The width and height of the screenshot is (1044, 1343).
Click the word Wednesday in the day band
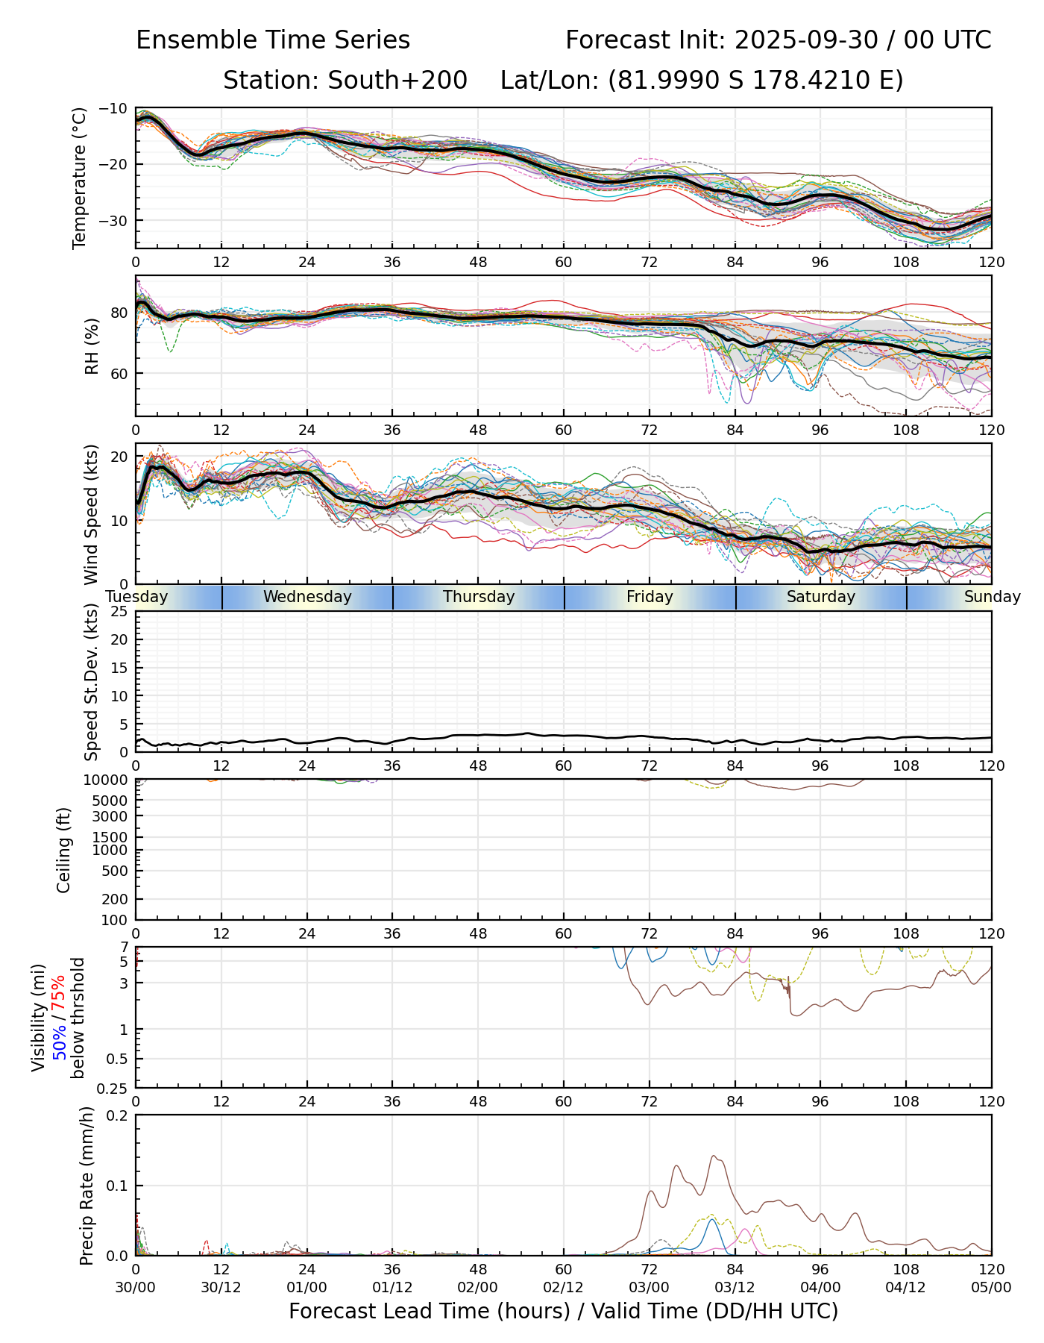pos(307,597)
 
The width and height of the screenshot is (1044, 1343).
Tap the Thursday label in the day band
pos(479,597)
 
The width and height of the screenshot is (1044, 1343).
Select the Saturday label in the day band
pos(821,597)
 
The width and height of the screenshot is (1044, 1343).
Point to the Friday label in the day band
pos(650,597)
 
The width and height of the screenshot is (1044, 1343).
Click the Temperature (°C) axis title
pos(80,178)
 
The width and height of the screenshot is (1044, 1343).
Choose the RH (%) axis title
pos(92,345)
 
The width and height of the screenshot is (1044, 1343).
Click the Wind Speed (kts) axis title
pos(91,514)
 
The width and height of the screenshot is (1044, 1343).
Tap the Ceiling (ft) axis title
pos(64,850)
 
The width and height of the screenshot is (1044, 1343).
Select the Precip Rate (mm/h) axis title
pos(87,1186)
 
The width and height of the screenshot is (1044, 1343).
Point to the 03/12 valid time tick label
pos(735,1288)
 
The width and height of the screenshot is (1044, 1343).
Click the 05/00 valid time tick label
pos(991,1288)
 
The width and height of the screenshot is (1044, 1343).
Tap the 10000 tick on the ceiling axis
pos(109,780)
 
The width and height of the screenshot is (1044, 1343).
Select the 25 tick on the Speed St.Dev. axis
pos(119,612)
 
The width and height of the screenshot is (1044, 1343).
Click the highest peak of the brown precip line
pos(714,1156)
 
